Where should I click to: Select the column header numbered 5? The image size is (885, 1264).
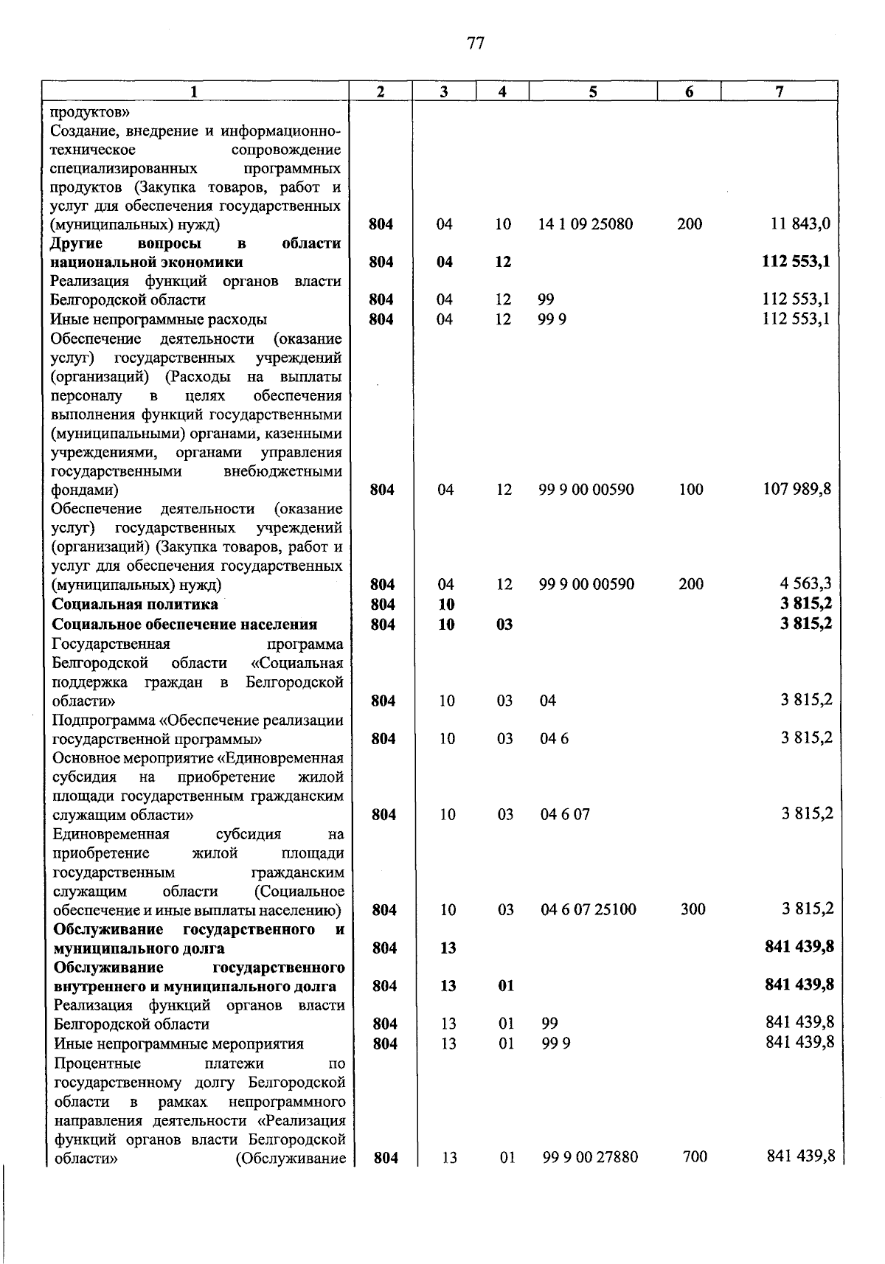[x=592, y=91]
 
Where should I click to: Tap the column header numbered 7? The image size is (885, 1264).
[x=779, y=91]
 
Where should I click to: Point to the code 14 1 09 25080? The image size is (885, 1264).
[x=586, y=224]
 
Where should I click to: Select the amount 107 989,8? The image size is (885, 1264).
[x=796, y=489]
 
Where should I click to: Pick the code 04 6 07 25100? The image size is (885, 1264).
[x=588, y=909]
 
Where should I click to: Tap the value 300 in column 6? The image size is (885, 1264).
[x=693, y=909]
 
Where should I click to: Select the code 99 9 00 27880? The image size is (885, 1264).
[x=590, y=1157]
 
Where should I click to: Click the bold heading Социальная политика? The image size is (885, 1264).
[x=135, y=604]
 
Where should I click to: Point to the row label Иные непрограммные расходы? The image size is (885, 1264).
[x=159, y=319]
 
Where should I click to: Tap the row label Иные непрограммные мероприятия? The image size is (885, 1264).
[x=178, y=1044]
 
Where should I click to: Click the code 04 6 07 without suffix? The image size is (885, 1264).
[x=565, y=815]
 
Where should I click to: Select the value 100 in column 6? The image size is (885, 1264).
[x=690, y=489]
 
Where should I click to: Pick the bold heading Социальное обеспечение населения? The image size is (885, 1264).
[x=184, y=625]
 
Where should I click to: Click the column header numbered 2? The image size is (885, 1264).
[x=380, y=91]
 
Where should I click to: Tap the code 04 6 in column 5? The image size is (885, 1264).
[x=554, y=739]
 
